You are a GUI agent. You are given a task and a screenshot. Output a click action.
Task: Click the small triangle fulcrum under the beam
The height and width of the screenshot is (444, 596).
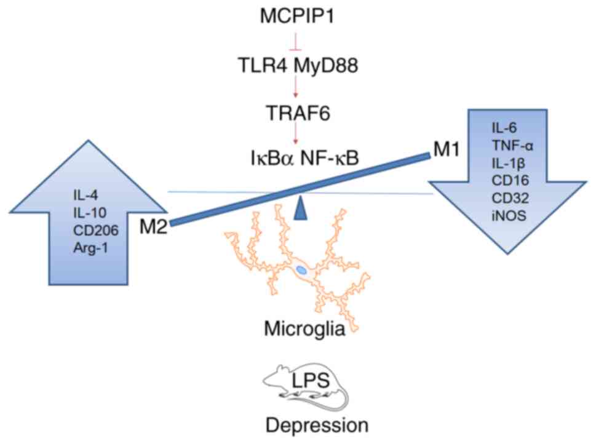click(300, 207)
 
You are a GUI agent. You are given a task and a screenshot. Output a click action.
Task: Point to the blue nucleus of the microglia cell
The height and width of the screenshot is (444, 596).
click(301, 269)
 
